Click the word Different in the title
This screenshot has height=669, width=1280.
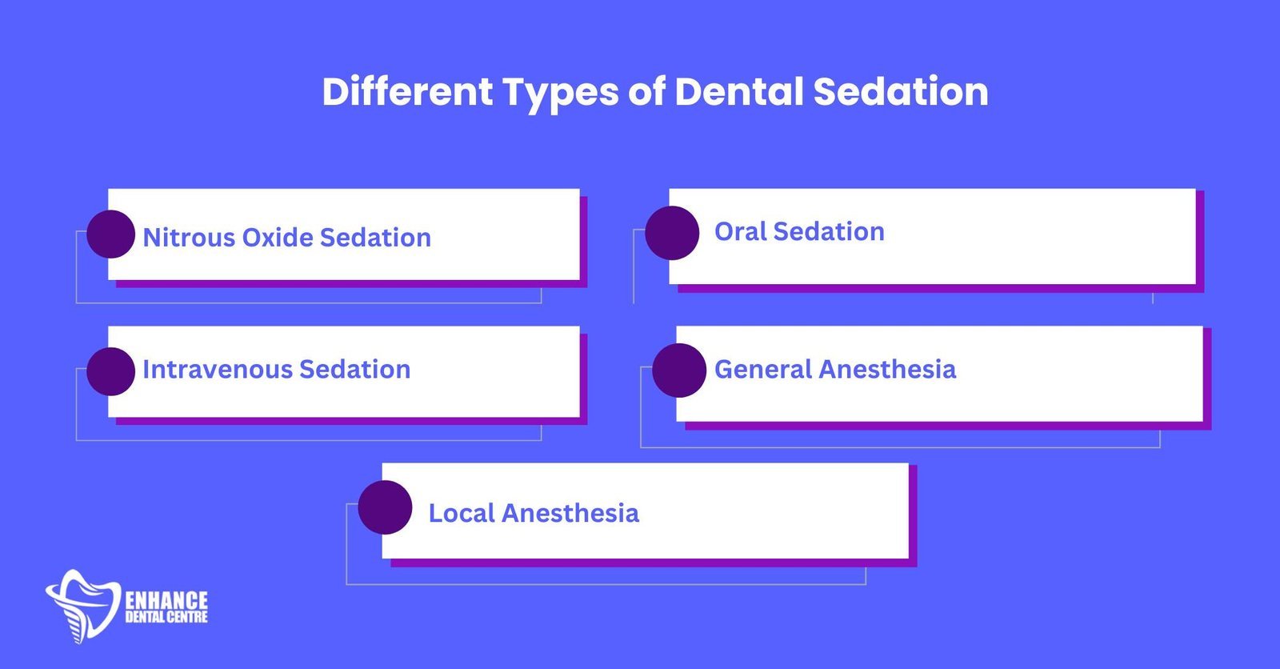coord(407,91)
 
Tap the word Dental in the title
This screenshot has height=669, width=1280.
coord(738,91)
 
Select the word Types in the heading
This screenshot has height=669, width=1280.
coord(560,93)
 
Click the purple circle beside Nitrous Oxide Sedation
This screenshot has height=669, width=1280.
coord(110,234)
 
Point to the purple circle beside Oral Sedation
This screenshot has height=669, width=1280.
coord(672,233)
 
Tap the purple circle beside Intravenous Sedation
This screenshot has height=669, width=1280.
coord(110,371)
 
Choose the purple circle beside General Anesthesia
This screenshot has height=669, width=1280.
coord(679,371)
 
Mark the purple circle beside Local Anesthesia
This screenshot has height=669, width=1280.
coord(385,507)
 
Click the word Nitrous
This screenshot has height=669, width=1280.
coord(188,238)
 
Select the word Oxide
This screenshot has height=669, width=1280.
coord(277,238)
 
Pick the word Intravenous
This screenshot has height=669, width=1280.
coord(216,370)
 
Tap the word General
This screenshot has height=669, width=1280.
coord(763,370)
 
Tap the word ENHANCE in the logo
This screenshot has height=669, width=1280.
coord(166,600)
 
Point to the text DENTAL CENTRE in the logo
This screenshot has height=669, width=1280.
coord(166,617)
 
